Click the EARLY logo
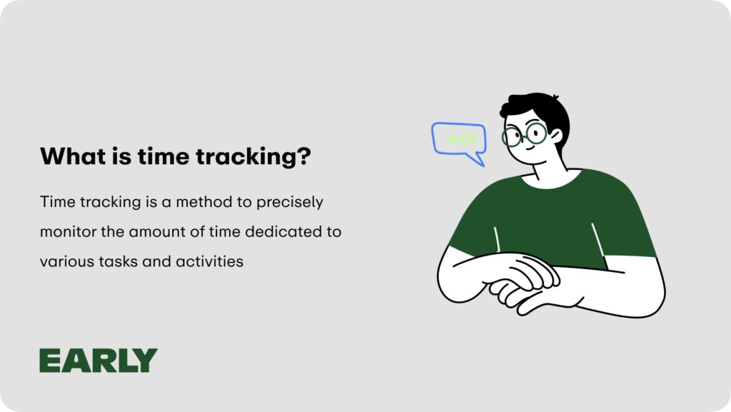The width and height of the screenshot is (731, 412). pyautogui.click(x=99, y=361)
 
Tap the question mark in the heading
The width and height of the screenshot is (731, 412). pyautogui.click(x=303, y=156)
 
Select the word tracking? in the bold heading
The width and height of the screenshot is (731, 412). pyautogui.click(x=253, y=157)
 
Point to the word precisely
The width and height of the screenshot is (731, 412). pyautogui.click(x=290, y=203)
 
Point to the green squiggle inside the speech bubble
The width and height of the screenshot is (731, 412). pyautogui.click(x=461, y=139)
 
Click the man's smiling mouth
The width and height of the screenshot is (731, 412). pyautogui.click(x=530, y=149)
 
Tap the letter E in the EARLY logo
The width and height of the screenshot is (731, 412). pyautogui.click(x=50, y=361)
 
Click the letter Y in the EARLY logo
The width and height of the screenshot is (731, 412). pyautogui.click(x=146, y=361)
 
